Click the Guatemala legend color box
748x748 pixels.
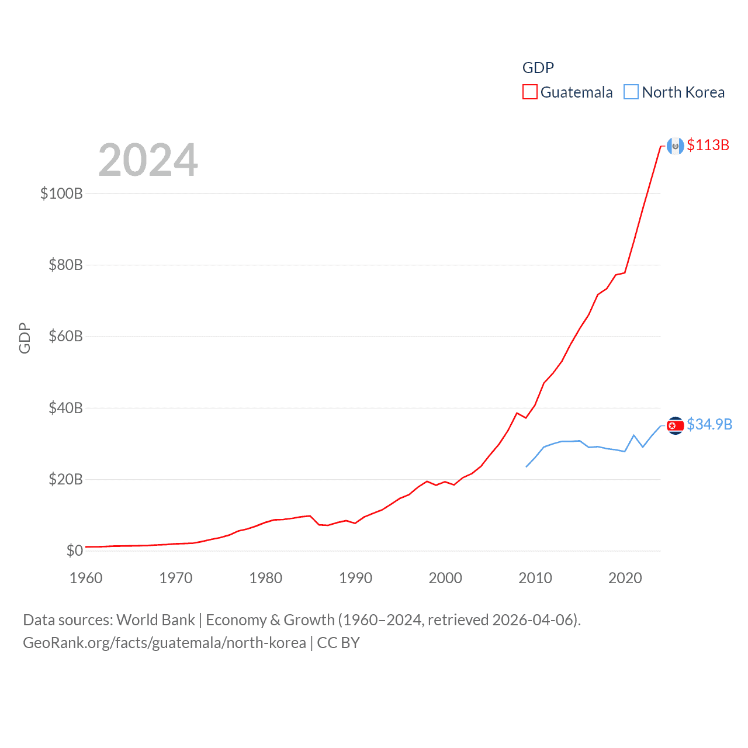coord(529,92)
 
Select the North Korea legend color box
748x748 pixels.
coord(631,92)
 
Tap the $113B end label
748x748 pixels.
coord(708,145)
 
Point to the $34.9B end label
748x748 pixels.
coord(709,424)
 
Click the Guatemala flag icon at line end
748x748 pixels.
coord(676,146)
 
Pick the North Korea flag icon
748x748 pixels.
coord(676,425)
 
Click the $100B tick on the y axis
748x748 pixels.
coord(61,193)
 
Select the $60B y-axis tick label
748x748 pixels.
coord(65,336)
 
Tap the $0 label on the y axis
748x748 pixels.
coord(74,550)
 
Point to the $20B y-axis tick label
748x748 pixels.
coord(65,479)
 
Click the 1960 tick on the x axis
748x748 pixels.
coord(86,578)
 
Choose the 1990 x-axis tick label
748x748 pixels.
coord(355,578)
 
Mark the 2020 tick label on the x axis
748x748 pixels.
coord(625,578)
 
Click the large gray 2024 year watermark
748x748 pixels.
coord(148,160)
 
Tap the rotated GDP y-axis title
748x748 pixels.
coord(25,338)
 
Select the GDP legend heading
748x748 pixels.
coord(538,68)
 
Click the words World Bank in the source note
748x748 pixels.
coord(155,619)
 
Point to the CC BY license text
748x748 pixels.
coord(338,643)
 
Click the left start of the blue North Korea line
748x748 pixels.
coord(527,466)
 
